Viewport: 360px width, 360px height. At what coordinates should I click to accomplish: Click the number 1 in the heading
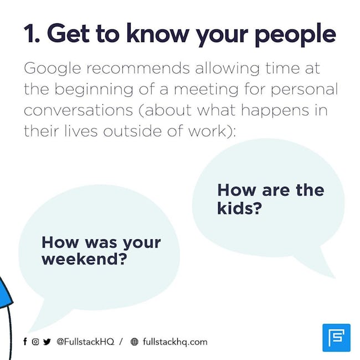coord(29,33)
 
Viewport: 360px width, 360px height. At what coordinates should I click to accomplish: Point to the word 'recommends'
coord(138,68)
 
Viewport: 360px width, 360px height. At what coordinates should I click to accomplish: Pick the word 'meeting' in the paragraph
coord(206,90)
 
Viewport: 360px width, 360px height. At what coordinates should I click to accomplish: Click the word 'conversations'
coord(78,110)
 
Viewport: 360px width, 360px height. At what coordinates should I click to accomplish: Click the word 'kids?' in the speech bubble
coord(239,208)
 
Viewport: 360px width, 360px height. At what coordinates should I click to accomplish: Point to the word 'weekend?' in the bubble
coord(84,259)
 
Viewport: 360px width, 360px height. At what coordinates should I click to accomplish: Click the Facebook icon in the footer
coord(25,342)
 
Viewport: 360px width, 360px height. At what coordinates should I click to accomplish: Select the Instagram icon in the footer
coord(35,342)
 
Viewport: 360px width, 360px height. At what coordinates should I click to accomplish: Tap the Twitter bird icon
coord(47,342)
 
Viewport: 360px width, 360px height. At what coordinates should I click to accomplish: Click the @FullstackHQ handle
coord(85,342)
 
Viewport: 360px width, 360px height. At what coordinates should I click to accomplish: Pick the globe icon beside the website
coord(135,342)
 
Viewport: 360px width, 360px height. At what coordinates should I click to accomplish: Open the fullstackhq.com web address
coord(175,342)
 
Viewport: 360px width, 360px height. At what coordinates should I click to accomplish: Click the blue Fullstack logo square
coord(336,338)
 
